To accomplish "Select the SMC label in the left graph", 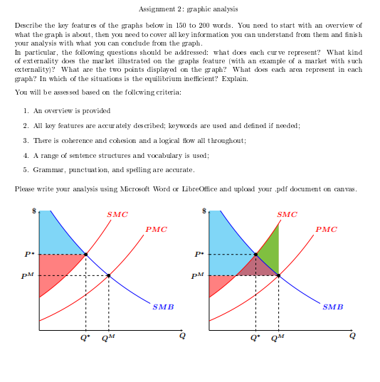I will click(x=117, y=214).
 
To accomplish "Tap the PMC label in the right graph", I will click(x=327, y=229).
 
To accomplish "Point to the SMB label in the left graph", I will click(x=162, y=307).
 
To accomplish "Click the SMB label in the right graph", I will click(x=332, y=307).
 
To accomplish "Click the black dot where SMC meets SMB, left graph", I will click(x=86, y=254).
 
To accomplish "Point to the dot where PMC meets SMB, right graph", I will click(x=278, y=275).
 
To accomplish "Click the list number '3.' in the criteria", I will click(x=26, y=141).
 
